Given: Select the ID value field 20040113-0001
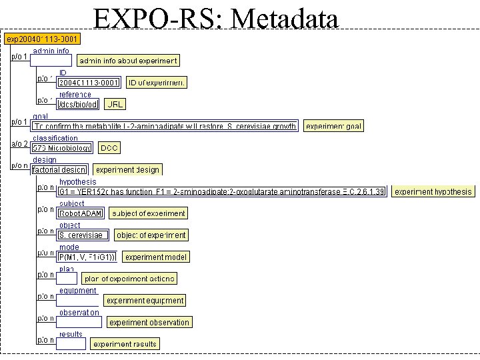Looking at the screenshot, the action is pyautogui.click(x=89, y=83).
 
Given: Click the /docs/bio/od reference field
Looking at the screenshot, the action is pyautogui.click(x=78, y=104).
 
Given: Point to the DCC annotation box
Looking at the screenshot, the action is pyautogui.click(x=109, y=147).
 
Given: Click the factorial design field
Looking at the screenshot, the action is pyautogui.click(x=59, y=169).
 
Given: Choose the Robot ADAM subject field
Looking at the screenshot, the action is pyautogui.click(x=81, y=213).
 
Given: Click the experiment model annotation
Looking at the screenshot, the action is pyautogui.click(x=156, y=257).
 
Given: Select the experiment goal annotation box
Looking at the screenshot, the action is pyautogui.click(x=333, y=125).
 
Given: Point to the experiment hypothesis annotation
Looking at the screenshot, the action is pyautogui.click(x=433, y=191).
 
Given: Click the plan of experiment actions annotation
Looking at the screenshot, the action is pyautogui.click(x=130, y=279).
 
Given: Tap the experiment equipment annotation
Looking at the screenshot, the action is pyautogui.click(x=145, y=301).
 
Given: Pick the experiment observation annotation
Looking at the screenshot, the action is pyautogui.click(x=149, y=322).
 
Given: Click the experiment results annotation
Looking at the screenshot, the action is pyautogui.click(x=125, y=344).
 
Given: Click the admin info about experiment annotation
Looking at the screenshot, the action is pyautogui.click(x=128, y=61).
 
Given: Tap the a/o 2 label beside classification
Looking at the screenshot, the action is pyautogui.click(x=19, y=144).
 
